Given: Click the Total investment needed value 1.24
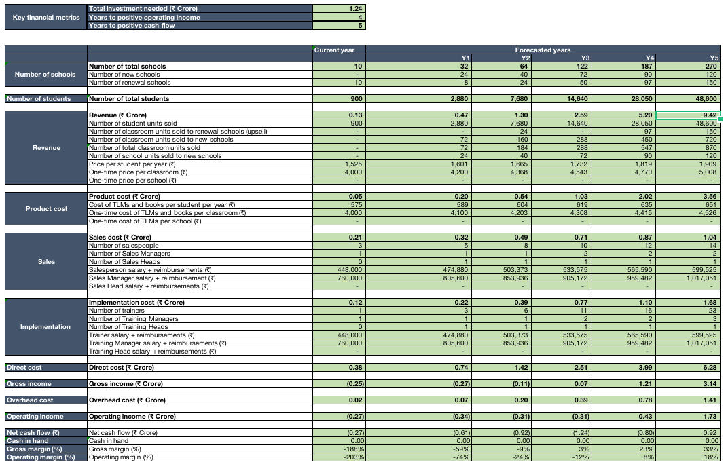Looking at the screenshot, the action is pos(355,9).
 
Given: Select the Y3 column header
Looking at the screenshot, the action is pos(585,58).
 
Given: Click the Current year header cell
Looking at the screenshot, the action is pos(334,50).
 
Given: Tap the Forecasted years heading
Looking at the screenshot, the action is pos(543,50).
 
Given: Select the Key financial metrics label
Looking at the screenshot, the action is pos(46,17).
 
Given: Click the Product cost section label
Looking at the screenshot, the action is pos(46,209).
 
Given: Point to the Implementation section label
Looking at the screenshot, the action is pos(45,327).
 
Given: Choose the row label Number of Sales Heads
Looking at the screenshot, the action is pos(124,262).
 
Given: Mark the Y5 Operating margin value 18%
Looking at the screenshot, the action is pos(711,457).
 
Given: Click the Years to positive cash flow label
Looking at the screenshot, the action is pos(132,26).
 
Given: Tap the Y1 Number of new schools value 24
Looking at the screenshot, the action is pos(464,74).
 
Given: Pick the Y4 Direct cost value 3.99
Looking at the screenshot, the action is pos(645,368).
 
